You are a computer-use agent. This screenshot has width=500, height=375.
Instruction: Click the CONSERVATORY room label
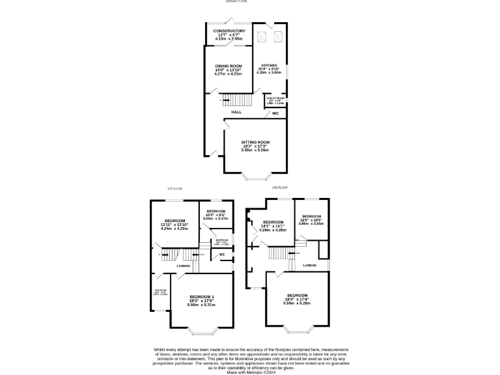pos(229,31)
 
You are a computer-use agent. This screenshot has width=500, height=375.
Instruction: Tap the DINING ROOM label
pos(228,66)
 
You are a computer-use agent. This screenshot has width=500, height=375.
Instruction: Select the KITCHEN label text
pos(270,66)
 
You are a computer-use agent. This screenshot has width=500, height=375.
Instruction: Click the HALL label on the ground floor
pos(236,112)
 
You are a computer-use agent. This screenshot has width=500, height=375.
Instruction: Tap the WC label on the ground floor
pos(275,114)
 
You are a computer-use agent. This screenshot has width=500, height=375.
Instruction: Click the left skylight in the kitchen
pos(262,37)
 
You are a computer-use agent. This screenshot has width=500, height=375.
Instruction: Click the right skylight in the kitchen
pos(279,37)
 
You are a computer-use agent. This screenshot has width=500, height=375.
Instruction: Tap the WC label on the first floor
pos(221,254)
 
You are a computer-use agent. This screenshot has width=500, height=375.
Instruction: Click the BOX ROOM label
pos(160,290)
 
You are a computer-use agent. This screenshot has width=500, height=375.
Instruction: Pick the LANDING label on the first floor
pos(184,266)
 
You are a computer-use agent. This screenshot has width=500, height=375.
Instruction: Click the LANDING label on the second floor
pos(310,265)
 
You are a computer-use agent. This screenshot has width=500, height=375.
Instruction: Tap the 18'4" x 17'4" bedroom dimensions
pos(297,303)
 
